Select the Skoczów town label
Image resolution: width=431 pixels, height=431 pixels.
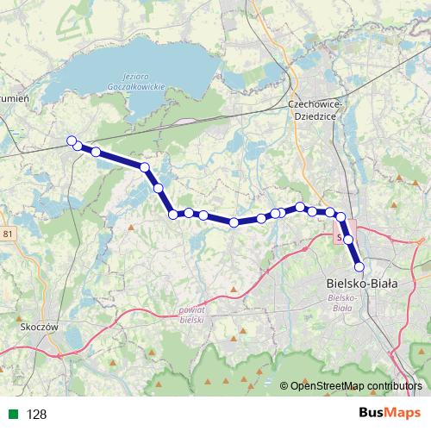tap(37, 328)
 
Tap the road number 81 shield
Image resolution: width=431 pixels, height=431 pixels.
tap(9, 234)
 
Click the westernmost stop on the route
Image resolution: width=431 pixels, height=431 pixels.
tap(72, 141)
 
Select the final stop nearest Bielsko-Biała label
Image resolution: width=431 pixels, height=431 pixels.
tap(359, 266)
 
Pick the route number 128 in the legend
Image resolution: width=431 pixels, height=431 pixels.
tap(36, 414)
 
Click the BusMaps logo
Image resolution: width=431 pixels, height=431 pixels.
tap(390, 413)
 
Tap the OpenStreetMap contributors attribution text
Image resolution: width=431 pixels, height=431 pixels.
tap(356, 386)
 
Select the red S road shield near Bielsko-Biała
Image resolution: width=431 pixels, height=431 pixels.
tap(340, 234)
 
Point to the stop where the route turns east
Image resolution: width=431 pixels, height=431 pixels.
tap(173, 214)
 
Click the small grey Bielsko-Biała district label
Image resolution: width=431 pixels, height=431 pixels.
tap(343, 302)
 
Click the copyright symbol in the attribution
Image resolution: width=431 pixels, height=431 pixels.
tap(284, 386)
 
